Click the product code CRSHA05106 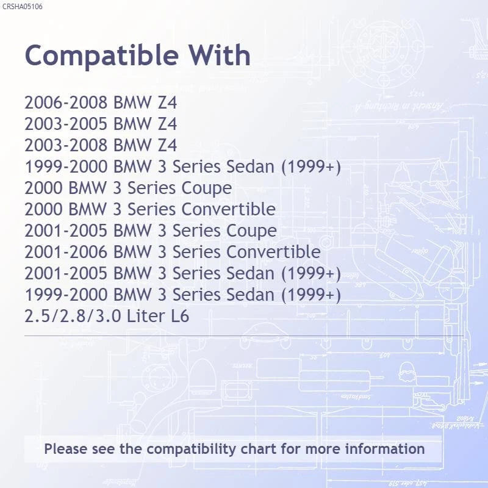tap(22, 7)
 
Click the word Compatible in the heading tap(102, 56)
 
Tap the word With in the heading tap(220, 55)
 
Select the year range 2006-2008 tap(66, 102)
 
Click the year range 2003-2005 tap(66, 124)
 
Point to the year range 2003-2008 tap(66, 145)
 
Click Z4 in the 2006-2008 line tap(167, 102)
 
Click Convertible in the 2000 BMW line tap(228, 209)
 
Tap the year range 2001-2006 tap(66, 252)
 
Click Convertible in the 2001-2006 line tap(273, 252)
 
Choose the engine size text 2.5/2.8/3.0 tap(73, 316)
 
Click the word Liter tap(146, 316)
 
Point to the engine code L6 tap(180, 316)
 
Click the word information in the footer tap(385, 449)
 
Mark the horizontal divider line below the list tap(243, 336)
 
